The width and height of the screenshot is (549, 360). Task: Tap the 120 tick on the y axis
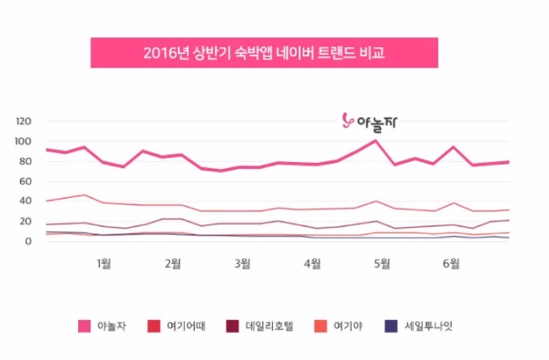tap(23, 121)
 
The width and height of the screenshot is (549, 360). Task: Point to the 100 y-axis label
tap(23, 141)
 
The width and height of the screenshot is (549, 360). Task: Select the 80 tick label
tap(26, 161)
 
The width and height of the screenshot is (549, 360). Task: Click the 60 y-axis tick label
tap(26, 181)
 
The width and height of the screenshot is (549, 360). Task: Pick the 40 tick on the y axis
tap(26, 201)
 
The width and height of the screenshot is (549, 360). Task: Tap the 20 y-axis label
tap(26, 221)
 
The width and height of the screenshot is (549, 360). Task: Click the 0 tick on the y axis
tap(28, 241)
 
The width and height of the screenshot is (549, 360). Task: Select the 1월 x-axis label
tap(103, 264)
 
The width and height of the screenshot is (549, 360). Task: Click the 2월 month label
tap(173, 264)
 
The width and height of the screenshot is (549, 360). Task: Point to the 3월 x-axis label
tap(243, 264)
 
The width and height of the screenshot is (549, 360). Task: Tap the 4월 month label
tap(313, 264)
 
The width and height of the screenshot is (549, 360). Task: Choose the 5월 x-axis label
tap(382, 264)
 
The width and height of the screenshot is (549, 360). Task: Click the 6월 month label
tap(452, 264)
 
